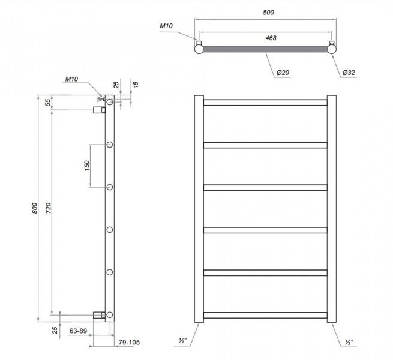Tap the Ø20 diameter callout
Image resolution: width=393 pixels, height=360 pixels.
[284, 73]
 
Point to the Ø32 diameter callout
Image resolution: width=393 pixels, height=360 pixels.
[349, 73]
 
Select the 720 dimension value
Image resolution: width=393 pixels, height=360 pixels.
[49, 208]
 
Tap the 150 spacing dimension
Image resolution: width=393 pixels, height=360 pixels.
[86, 165]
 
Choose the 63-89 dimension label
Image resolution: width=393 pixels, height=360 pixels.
[80, 331]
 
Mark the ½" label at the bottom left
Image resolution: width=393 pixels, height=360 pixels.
[182, 342]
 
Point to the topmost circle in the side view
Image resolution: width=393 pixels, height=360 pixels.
[110, 103]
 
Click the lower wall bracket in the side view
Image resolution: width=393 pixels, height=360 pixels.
[98, 314]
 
